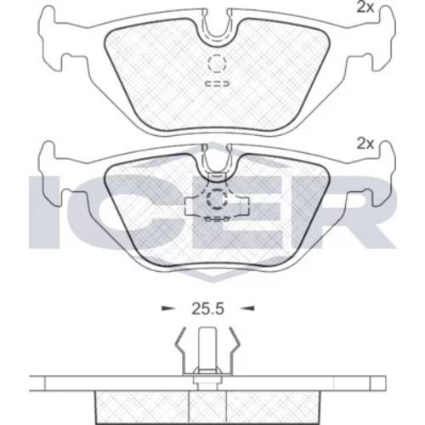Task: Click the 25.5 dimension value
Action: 207,309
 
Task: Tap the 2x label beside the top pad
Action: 365,8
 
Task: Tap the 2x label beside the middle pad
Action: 365,144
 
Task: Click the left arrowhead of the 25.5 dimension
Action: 167,309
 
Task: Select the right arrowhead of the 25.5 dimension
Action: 248,309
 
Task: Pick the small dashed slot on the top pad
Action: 217,84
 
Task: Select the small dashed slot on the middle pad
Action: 217,219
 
